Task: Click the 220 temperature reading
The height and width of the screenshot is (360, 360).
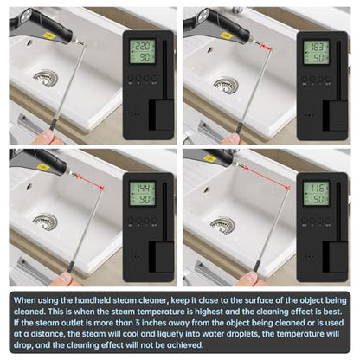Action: pos(144,46)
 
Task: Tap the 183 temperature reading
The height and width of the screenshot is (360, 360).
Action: pos(317,47)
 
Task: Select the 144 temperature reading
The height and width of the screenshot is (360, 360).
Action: pos(144,189)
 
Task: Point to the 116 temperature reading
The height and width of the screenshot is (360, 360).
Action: pos(317,188)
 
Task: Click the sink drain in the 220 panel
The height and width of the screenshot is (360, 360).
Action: pos(45,78)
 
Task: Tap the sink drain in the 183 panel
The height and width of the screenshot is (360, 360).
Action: pos(227,85)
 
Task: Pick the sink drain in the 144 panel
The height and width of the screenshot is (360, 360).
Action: pos(45,222)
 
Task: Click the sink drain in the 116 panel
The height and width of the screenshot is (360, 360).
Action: pos(222,225)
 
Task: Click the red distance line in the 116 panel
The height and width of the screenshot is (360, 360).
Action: pos(267,177)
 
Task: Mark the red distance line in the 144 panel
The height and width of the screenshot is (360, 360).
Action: pos(90,182)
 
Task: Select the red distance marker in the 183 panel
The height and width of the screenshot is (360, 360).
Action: pos(267,48)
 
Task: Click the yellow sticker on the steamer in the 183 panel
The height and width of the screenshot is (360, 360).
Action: pos(226,35)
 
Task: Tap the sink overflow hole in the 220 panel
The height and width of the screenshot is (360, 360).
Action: pos(29,43)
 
